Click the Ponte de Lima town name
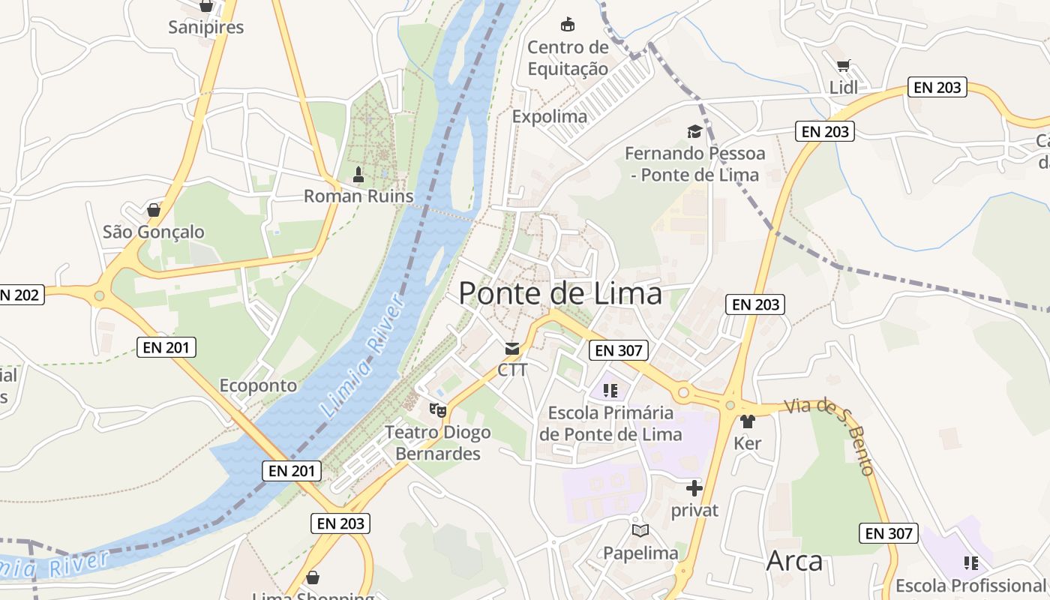pyautogui.click(x=560, y=293)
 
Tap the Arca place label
pyautogui.click(x=794, y=561)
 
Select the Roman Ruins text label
pyautogui.click(x=358, y=196)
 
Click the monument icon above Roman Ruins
pyautogui.click(x=358, y=175)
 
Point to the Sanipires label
pyautogui.click(x=206, y=28)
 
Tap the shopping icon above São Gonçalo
pyautogui.click(x=154, y=210)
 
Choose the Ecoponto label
pyautogui.click(x=258, y=385)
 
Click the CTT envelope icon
pyautogui.click(x=512, y=348)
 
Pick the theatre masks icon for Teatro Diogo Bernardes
pyautogui.click(x=437, y=410)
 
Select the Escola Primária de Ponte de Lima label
pyautogui.click(x=610, y=424)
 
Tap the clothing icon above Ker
pyautogui.click(x=747, y=421)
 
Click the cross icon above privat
pyautogui.click(x=694, y=488)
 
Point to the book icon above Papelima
pyautogui.click(x=640, y=531)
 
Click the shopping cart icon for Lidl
pyautogui.click(x=844, y=66)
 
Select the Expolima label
pyautogui.click(x=550, y=116)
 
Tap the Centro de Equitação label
pyautogui.click(x=568, y=58)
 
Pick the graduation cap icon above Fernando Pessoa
pyautogui.click(x=694, y=132)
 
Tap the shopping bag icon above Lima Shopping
pyautogui.click(x=313, y=577)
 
